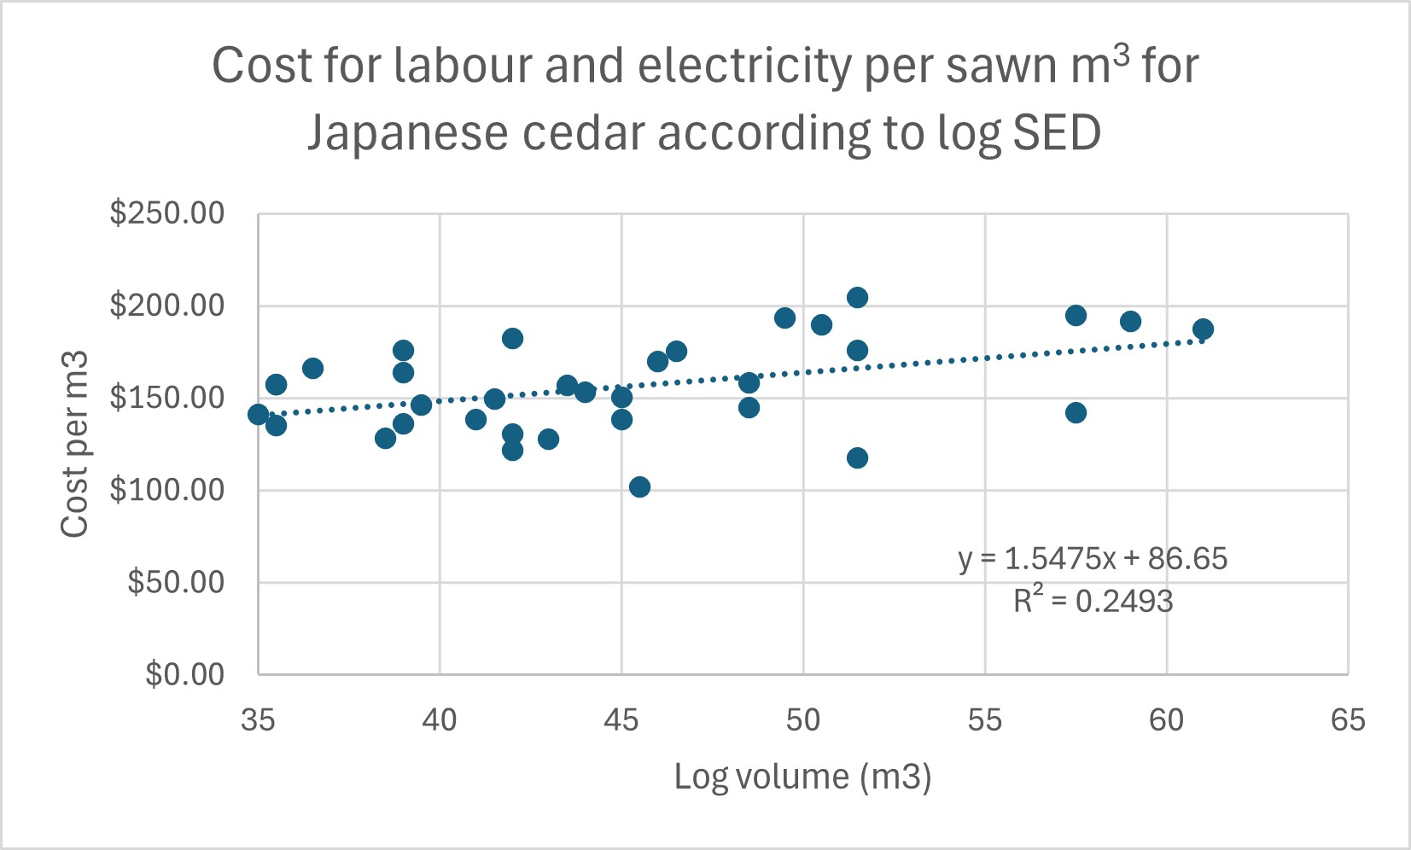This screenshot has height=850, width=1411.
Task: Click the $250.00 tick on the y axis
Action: click(x=167, y=213)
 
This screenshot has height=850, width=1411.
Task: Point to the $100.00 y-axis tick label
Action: click(x=167, y=490)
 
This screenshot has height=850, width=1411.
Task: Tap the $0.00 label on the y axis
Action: click(x=185, y=674)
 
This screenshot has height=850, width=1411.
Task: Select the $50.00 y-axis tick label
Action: click(x=176, y=582)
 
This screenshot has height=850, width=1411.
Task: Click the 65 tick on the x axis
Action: click(x=1348, y=720)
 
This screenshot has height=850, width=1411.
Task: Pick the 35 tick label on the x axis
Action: click(x=258, y=720)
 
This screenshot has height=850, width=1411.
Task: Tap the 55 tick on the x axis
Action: click(x=984, y=720)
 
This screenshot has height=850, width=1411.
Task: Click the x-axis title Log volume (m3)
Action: click(x=802, y=777)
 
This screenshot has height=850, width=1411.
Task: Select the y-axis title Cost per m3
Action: click(x=75, y=444)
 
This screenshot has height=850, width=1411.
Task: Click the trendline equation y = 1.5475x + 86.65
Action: click(x=1093, y=559)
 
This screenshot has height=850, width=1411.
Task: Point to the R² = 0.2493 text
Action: click(x=1093, y=601)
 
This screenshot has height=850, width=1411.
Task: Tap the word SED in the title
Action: click(x=1057, y=133)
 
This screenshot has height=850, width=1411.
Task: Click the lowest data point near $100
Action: click(x=639, y=486)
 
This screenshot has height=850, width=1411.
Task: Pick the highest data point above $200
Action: click(x=857, y=297)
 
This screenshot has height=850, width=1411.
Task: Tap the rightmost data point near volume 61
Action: click(x=1203, y=329)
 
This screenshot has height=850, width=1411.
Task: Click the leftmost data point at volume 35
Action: click(x=258, y=414)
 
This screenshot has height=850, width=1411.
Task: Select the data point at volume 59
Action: click(x=1130, y=322)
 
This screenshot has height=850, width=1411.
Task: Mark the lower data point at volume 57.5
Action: click(x=1076, y=412)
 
